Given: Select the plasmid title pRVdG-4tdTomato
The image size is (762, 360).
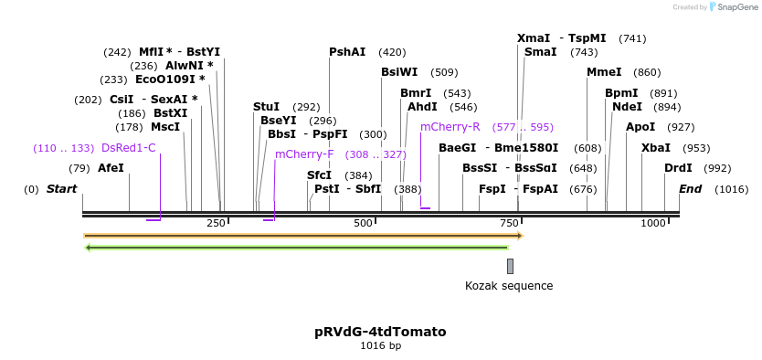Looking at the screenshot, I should [x=380, y=332].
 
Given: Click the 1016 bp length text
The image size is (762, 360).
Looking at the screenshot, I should [x=380, y=346].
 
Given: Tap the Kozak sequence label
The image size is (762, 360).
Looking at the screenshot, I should [x=509, y=286].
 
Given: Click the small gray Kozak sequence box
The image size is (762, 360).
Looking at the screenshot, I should [x=510, y=266].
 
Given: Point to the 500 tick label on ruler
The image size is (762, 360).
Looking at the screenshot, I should [x=363, y=224].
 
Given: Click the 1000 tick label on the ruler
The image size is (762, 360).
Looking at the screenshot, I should [x=653, y=224].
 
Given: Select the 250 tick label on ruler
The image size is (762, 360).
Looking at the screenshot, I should [x=216, y=224].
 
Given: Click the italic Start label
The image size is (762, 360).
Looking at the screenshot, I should [x=61, y=189].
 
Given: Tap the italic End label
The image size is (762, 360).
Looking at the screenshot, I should [x=690, y=189].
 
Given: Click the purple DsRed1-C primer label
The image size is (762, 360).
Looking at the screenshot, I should [x=129, y=148].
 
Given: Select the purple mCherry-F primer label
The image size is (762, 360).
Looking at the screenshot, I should [x=304, y=154].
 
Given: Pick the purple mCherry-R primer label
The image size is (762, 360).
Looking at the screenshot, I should [x=450, y=127].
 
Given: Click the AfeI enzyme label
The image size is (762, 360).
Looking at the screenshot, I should [x=110, y=168].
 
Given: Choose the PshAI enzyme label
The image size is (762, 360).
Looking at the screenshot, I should [x=347, y=52].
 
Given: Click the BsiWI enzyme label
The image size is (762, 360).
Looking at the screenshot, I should [x=399, y=72].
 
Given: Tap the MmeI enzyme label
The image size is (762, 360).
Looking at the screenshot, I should [x=604, y=72].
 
